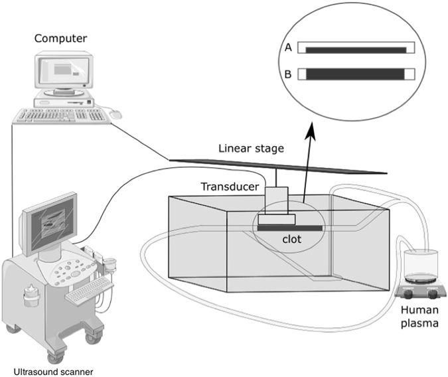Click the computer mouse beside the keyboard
[116, 115]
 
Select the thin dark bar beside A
[355, 49]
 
